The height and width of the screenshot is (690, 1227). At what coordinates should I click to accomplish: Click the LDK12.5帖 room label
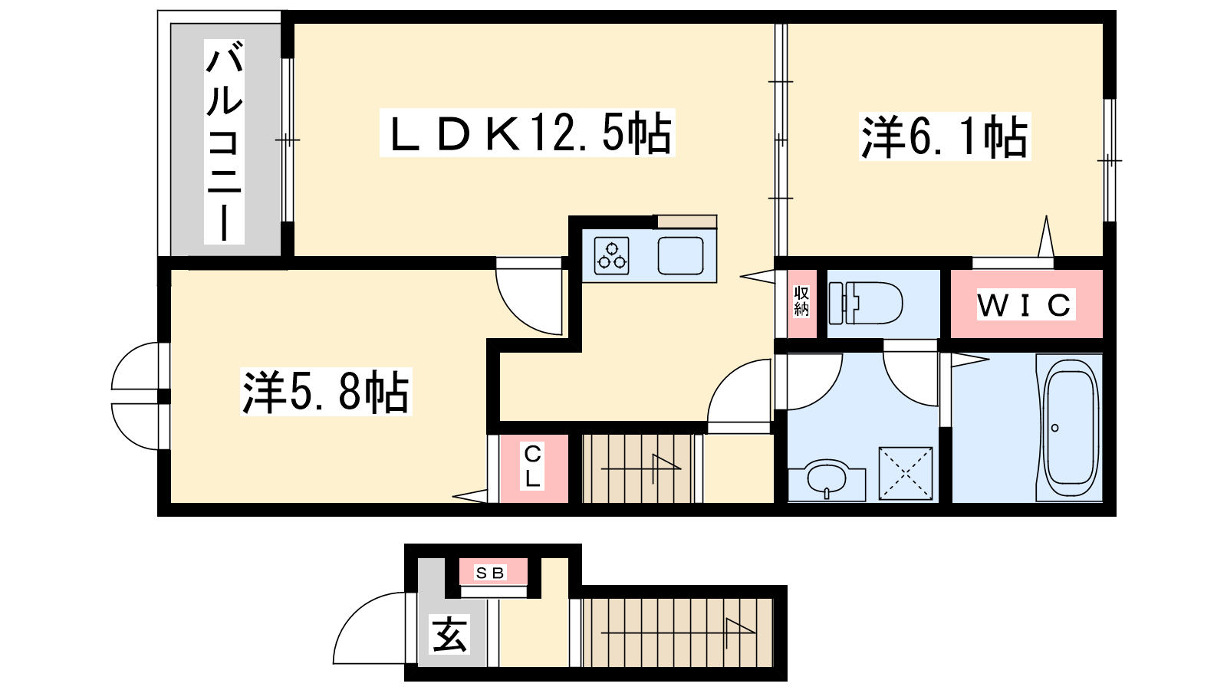[527, 133]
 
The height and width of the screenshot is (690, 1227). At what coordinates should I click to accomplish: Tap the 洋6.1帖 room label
[945, 136]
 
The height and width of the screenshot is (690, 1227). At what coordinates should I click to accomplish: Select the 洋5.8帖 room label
[326, 392]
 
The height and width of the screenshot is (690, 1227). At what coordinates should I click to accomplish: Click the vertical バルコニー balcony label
[224, 141]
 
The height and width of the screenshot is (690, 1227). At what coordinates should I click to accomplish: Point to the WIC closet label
[1026, 304]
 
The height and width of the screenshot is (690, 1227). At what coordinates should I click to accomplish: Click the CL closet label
[532, 467]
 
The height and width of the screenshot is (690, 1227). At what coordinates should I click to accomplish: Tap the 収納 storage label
[801, 301]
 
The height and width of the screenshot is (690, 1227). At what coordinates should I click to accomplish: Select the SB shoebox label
[490, 573]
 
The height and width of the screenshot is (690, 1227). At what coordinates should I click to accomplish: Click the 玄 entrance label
[450, 634]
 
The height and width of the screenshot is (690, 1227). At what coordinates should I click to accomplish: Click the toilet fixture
[866, 303]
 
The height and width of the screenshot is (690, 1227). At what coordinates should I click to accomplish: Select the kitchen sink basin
[680, 256]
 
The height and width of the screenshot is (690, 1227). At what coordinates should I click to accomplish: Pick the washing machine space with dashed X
[906, 473]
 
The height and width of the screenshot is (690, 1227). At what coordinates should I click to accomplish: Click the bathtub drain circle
[1055, 428]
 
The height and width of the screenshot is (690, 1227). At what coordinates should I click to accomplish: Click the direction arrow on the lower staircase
[678, 633]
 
